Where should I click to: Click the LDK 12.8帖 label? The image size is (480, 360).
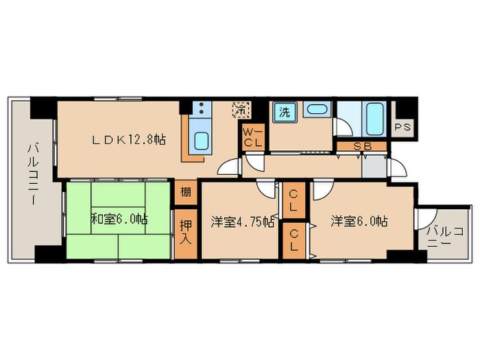coord(130,140)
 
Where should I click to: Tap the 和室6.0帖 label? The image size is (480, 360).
coord(119,220)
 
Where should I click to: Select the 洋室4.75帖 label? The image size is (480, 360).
coord(242,221)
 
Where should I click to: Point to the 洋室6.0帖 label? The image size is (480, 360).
coord(360,221)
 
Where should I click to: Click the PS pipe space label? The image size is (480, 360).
coord(403,128)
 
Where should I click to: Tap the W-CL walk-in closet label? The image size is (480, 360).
coord(253,137)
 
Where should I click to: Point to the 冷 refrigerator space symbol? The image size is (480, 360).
coord(241,109)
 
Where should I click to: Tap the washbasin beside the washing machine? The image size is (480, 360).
coord(317,110)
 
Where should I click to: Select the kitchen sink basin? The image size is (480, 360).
coord(202,140)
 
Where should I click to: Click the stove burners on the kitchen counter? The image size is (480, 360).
coord(201,108)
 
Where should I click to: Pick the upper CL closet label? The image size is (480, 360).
coord(293,203)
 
